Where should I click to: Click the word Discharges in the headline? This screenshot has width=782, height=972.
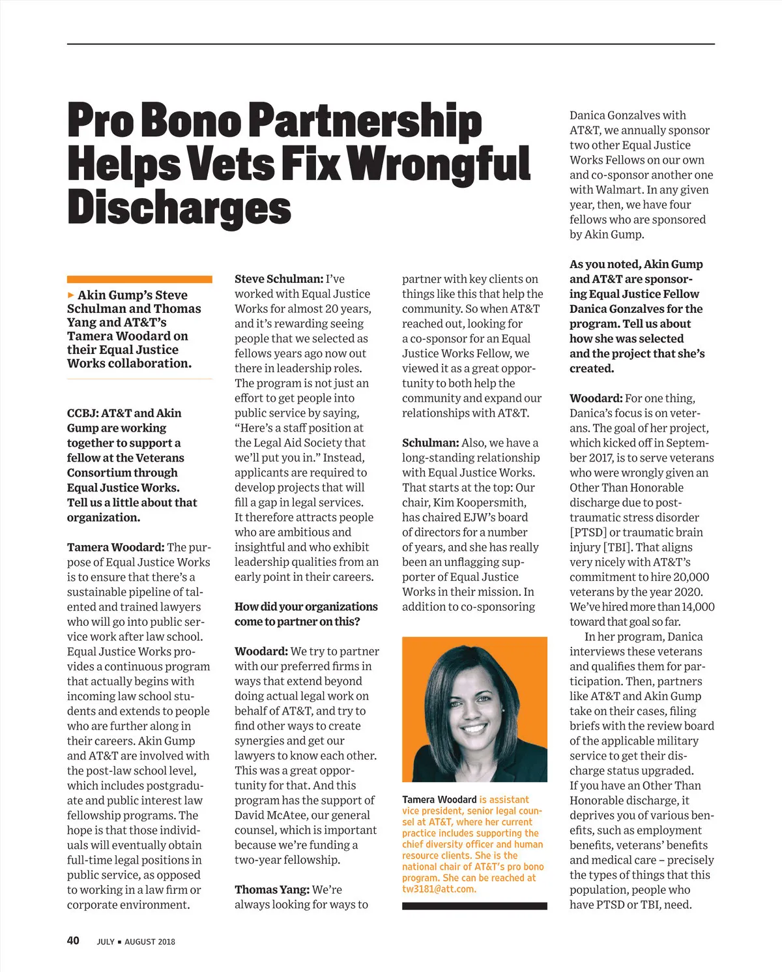(179, 208)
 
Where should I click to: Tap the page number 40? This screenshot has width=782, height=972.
(73, 940)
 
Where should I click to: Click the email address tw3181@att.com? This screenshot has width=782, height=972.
(439, 889)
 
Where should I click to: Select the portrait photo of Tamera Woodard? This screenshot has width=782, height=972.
(474, 709)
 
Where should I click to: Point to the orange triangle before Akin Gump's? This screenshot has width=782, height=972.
(71, 295)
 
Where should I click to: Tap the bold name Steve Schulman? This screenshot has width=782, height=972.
(279, 279)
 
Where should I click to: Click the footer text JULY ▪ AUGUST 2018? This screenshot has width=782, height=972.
(136, 941)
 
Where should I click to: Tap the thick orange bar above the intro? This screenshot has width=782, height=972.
(139, 279)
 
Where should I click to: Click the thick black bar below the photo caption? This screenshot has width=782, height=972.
(474, 906)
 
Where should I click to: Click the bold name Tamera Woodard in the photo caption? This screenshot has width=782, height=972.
(439, 799)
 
